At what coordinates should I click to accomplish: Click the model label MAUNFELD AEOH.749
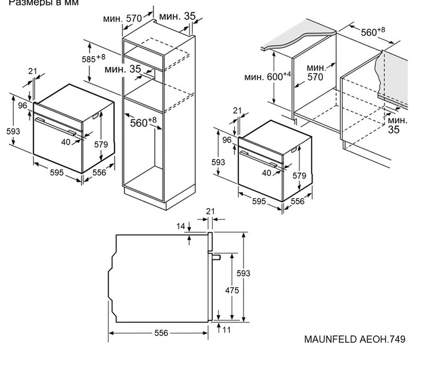[354, 339]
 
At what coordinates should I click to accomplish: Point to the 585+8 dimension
[93, 59]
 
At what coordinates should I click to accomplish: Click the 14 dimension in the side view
[181, 227]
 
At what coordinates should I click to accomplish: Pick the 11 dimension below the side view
[226, 330]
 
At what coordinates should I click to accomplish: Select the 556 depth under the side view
[160, 333]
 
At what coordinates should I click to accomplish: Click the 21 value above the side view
[210, 212]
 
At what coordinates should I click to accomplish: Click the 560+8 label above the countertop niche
[373, 31]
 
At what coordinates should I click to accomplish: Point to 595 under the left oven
[57, 173]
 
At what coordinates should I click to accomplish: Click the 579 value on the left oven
[100, 145]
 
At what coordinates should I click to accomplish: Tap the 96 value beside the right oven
[226, 140]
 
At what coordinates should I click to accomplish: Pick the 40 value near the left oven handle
[66, 141]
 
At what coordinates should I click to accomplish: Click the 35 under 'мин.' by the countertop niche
[394, 130]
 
